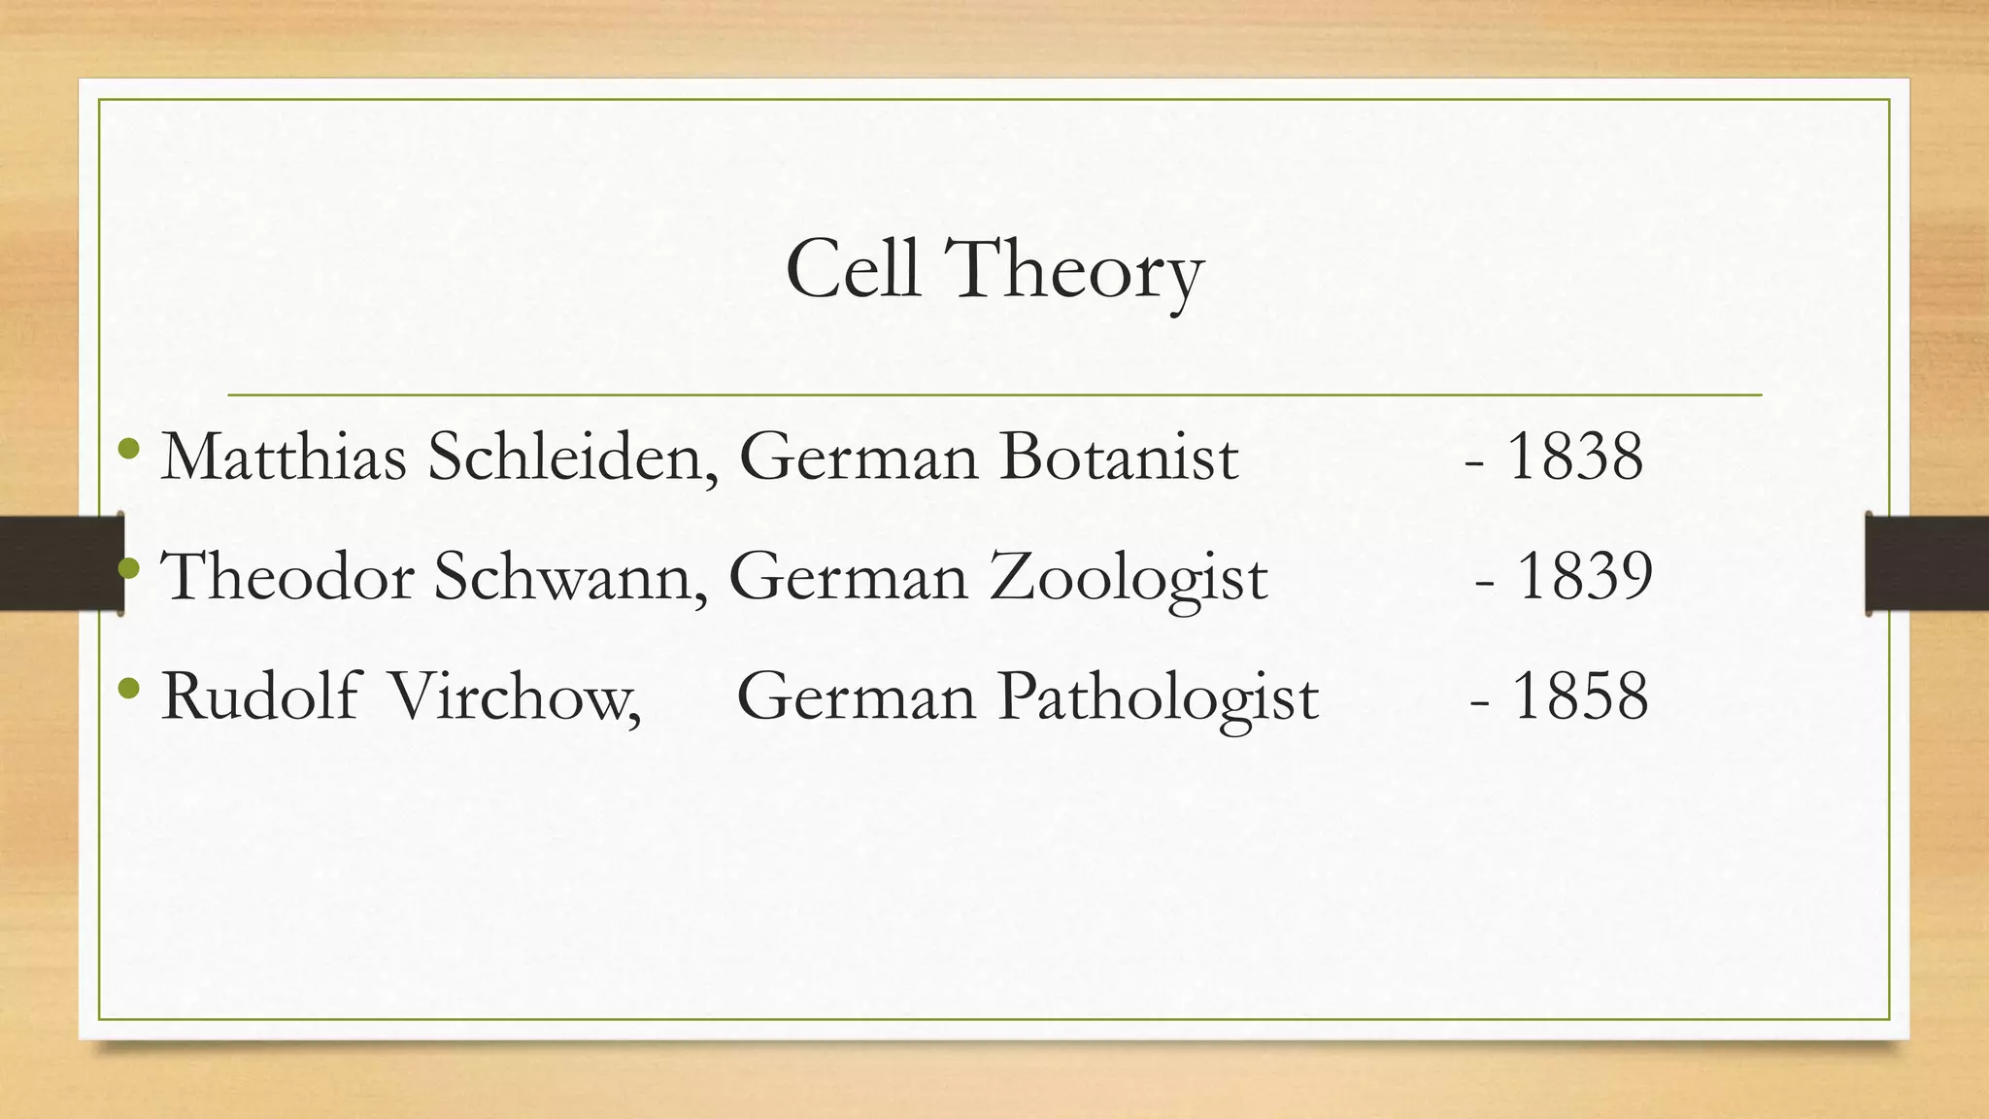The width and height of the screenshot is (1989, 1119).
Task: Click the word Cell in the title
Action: tap(852, 269)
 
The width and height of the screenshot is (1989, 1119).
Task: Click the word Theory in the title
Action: tap(1073, 272)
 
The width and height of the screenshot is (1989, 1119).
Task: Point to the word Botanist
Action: tap(1119, 456)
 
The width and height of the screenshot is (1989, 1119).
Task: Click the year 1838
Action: tap(1574, 456)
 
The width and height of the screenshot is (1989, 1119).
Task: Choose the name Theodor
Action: tap(287, 576)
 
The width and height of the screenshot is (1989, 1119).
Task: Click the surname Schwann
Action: tap(569, 577)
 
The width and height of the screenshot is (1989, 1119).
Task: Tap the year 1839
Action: tap(1584, 576)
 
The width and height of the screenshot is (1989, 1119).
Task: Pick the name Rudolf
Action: tap(260, 696)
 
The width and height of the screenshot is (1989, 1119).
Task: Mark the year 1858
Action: tap(1580, 696)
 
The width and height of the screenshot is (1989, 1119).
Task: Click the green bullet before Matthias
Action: tap(127, 449)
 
